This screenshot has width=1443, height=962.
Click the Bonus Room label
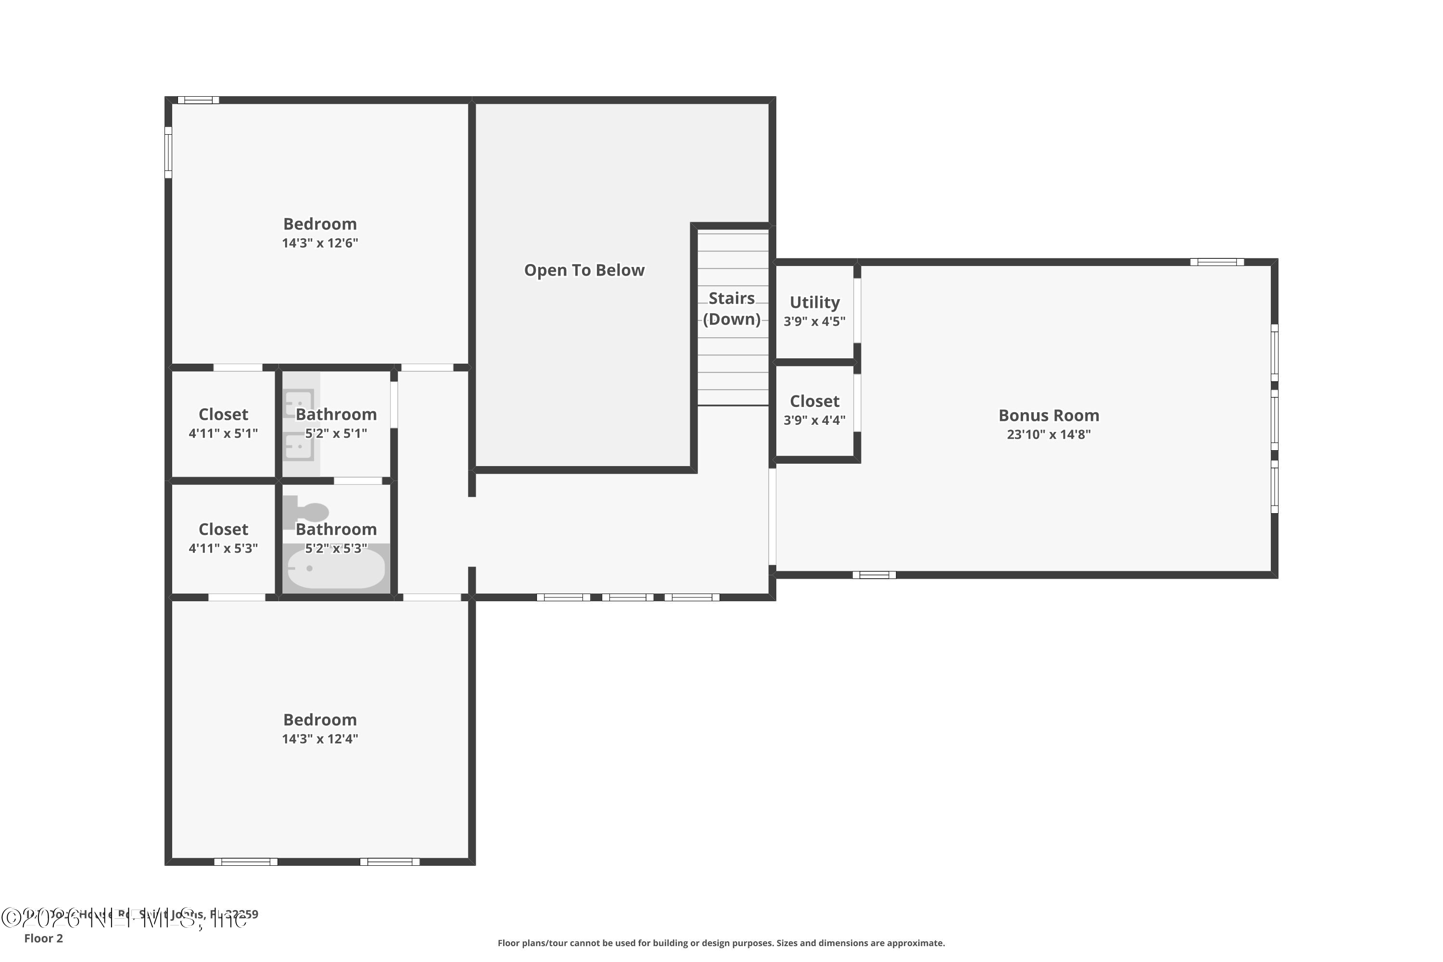(1048, 416)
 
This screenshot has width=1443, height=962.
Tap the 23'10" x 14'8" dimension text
(1048, 434)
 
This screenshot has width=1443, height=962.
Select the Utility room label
(814, 303)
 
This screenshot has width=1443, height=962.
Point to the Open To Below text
(584, 270)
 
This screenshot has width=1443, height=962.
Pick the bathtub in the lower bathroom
(336, 569)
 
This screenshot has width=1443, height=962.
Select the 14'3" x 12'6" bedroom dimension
(320, 243)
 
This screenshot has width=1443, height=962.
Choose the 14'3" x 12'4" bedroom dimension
(320, 739)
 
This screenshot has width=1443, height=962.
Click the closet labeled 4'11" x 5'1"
(223, 423)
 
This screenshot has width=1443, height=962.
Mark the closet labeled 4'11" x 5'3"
(223, 538)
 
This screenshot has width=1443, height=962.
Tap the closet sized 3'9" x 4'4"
(814, 410)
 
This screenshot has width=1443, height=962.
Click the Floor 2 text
(44, 938)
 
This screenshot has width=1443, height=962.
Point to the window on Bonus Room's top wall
(1216, 262)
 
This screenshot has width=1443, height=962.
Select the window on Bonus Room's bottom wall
(873, 575)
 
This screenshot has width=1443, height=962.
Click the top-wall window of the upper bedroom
(198, 100)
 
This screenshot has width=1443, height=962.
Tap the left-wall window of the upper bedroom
(168, 152)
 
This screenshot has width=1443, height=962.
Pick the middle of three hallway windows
(627, 597)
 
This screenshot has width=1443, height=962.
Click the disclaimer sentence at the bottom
(721, 943)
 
